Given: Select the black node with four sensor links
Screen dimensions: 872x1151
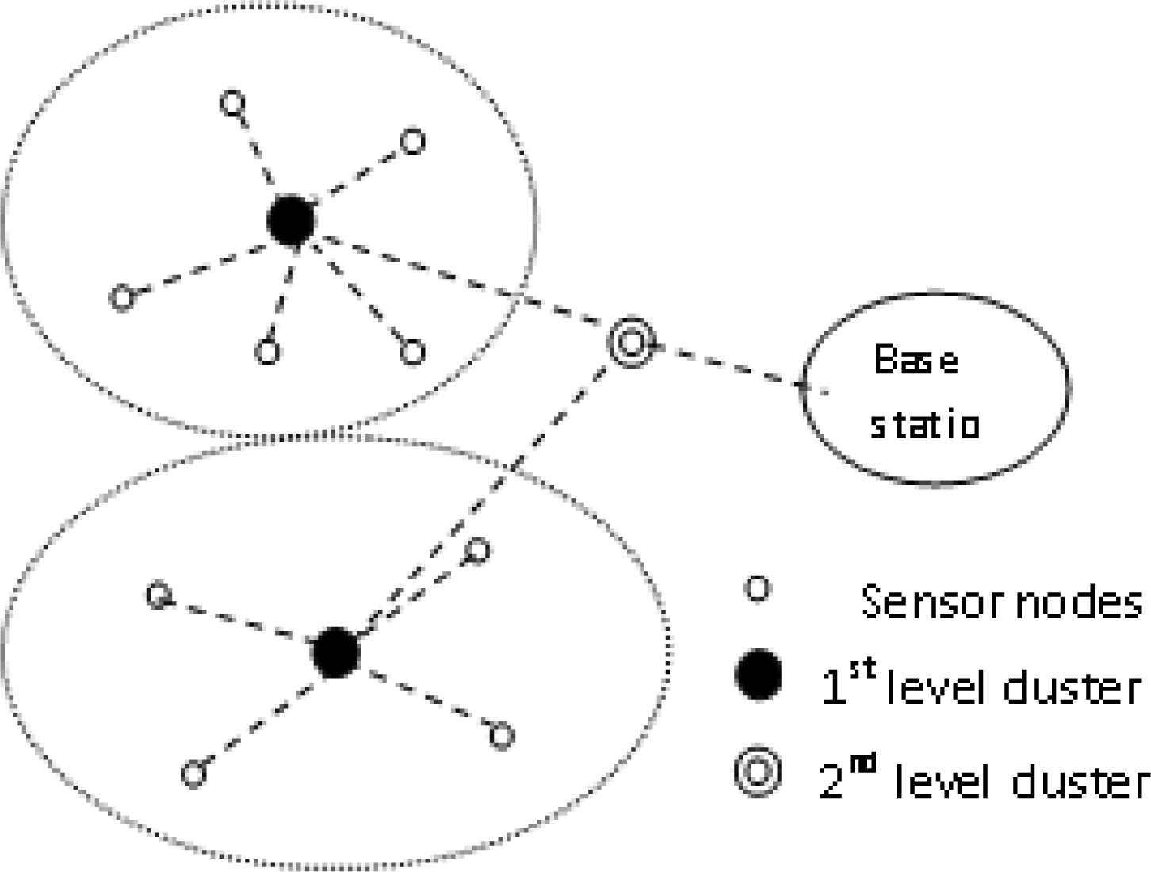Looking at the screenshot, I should (x=335, y=652).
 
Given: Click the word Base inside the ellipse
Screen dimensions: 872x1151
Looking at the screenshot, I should (x=916, y=361).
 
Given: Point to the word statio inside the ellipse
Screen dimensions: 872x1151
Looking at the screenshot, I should (x=925, y=425).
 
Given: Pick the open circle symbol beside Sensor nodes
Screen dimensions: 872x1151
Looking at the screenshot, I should (x=759, y=590).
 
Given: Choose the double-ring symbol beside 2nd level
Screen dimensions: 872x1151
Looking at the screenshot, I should (x=758, y=774).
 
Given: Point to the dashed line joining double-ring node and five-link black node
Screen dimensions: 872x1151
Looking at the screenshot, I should (x=460, y=281).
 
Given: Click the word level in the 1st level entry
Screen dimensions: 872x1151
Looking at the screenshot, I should (x=939, y=687).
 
